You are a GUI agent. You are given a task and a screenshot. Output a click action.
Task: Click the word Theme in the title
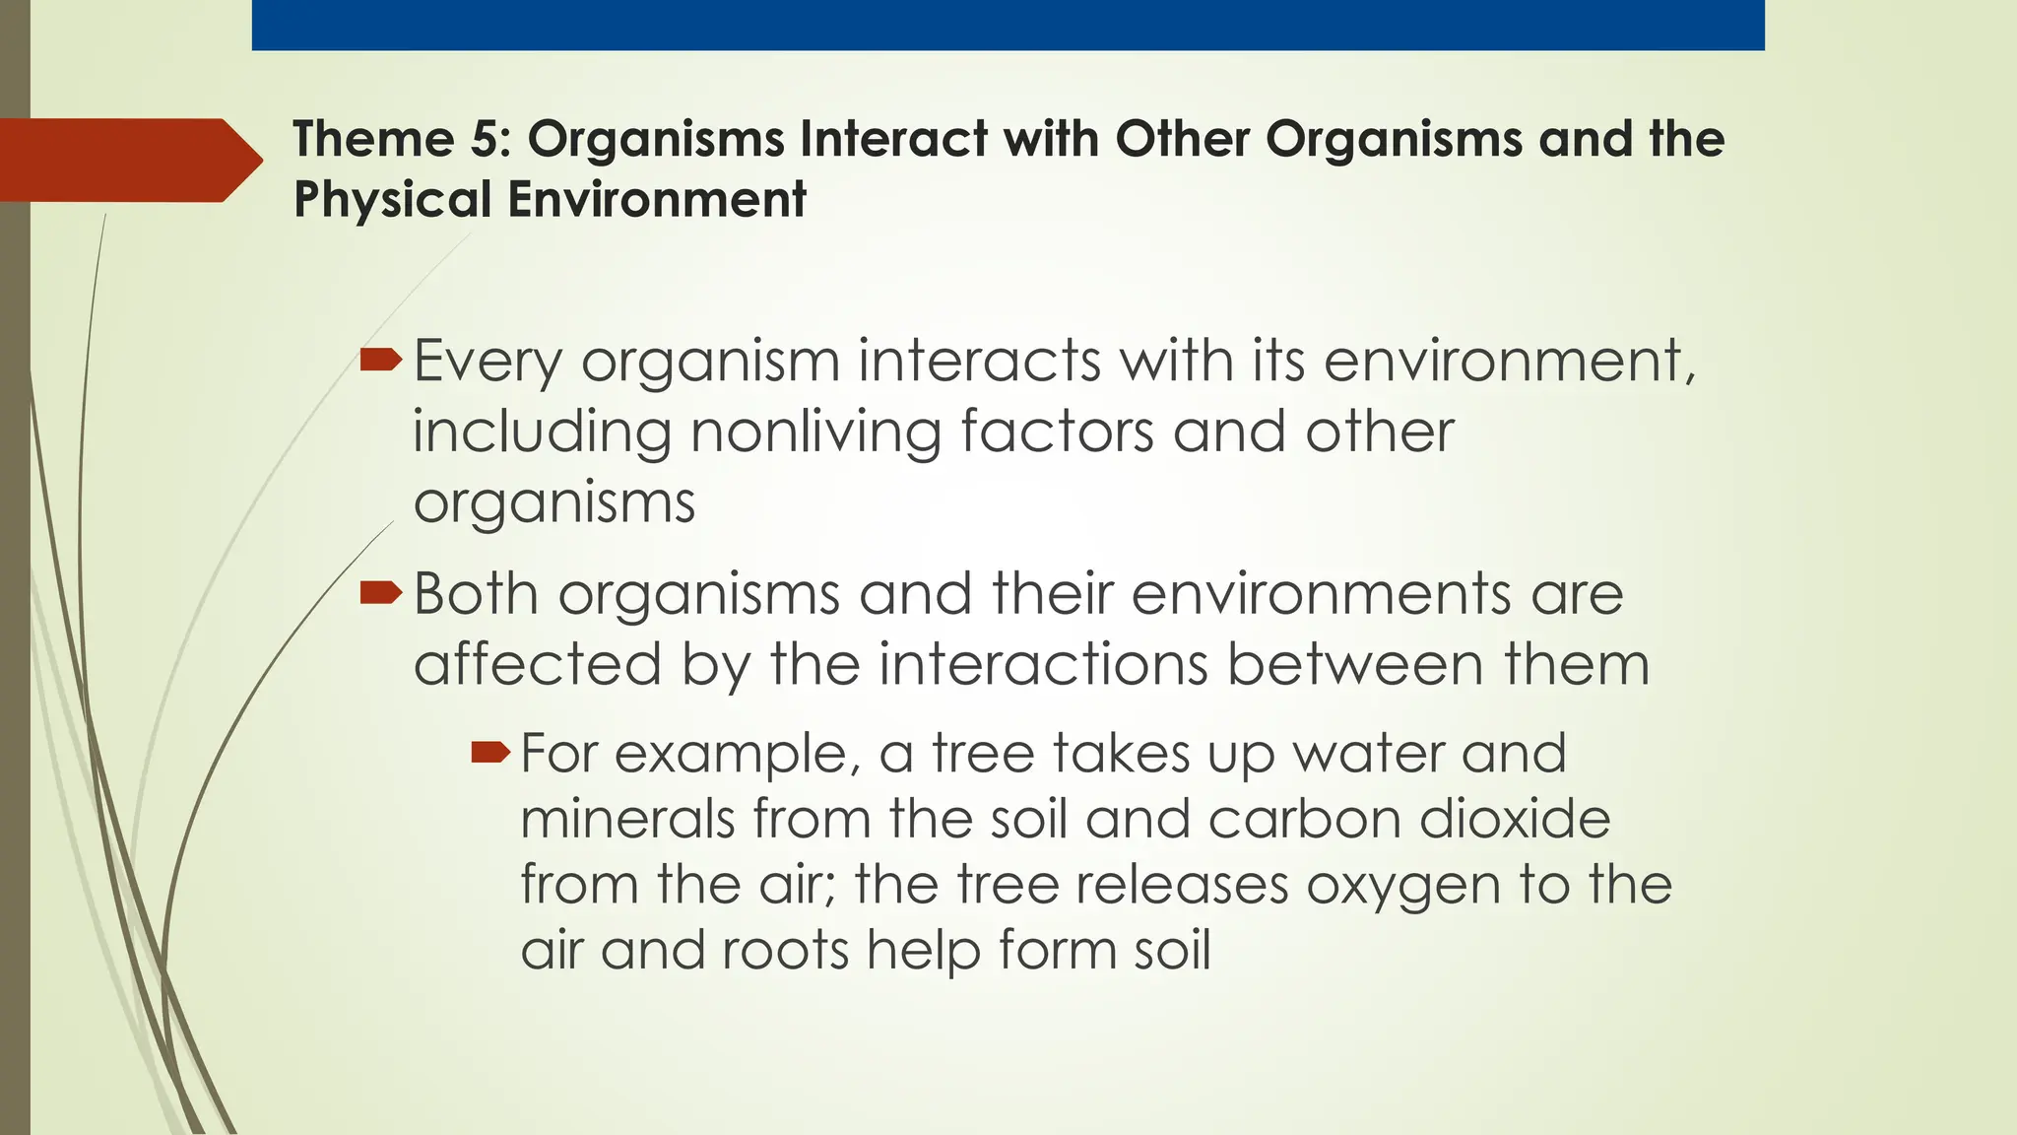(372, 139)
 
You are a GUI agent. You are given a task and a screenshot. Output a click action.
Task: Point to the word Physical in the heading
(391, 199)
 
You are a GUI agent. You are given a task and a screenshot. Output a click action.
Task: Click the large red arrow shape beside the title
(128, 161)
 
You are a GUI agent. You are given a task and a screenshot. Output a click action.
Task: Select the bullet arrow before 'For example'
(490, 755)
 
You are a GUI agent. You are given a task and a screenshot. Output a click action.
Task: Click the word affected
(537, 664)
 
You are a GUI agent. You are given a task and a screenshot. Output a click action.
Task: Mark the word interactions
(1043, 664)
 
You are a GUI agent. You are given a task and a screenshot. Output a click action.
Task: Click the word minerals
(627, 820)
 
